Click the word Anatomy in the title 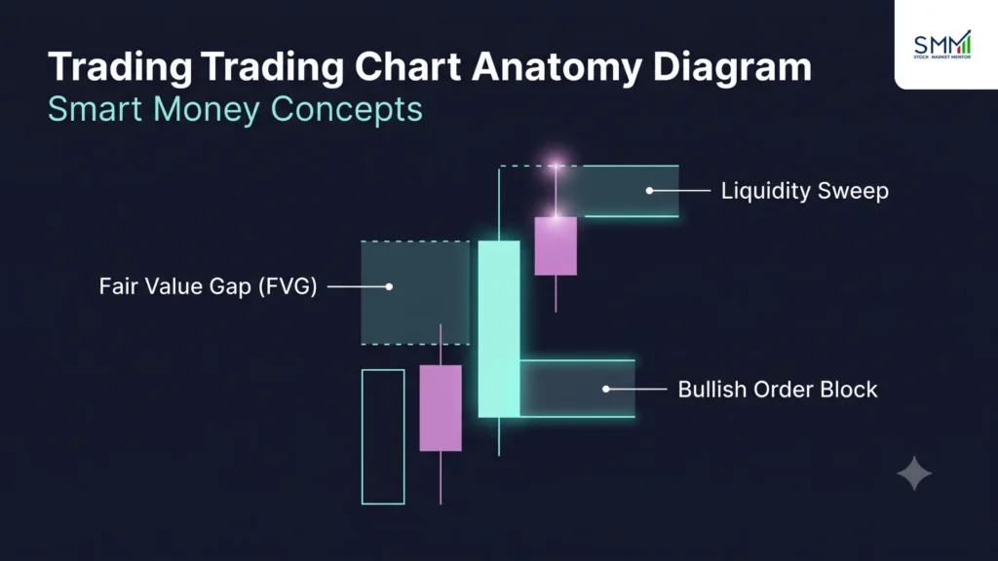(x=557, y=68)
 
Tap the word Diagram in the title (x=733, y=68)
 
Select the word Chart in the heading (x=408, y=66)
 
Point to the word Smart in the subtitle (x=95, y=109)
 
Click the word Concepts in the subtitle (x=346, y=110)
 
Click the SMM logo (x=942, y=45)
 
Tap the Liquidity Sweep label (x=804, y=191)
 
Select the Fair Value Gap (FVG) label (x=209, y=286)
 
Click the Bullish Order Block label (x=777, y=390)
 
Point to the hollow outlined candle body (x=362, y=437)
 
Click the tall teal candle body (x=499, y=329)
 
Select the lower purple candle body (x=441, y=408)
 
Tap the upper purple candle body (x=556, y=246)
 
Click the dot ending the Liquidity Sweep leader (x=649, y=190)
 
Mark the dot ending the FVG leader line (x=389, y=287)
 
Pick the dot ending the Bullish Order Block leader (x=606, y=389)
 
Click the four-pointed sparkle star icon (x=914, y=474)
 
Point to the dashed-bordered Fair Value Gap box (x=415, y=292)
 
